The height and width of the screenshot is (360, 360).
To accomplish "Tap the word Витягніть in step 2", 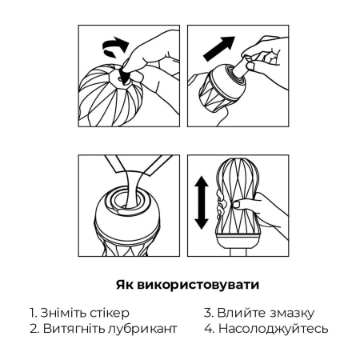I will [x=73, y=329].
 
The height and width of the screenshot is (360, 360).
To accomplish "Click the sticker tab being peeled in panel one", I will [x=125, y=76].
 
